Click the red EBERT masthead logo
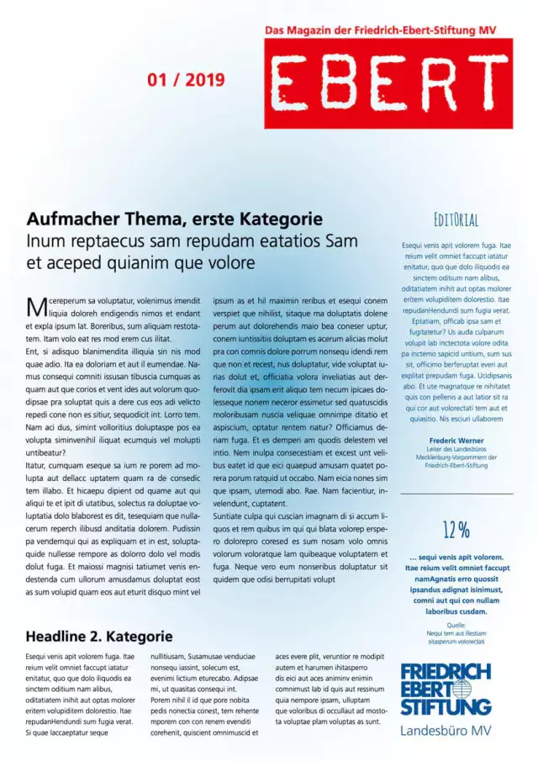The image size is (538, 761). click(388, 82)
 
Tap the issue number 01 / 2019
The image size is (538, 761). click(186, 80)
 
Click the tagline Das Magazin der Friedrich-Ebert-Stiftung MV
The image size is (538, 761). click(381, 30)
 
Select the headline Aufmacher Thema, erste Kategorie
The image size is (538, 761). click(174, 219)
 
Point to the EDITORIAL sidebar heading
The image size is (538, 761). click(456, 221)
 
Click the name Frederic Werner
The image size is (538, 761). click(456, 441)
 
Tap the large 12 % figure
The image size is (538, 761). click(456, 530)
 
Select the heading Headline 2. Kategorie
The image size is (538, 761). click(99, 636)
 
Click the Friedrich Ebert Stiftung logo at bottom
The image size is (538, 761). click(446, 689)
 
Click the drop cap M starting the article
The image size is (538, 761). click(34, 305)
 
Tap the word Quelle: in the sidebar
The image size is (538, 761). click(456, 625)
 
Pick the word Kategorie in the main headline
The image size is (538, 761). click(280, 219)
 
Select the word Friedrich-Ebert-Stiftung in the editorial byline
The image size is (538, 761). click(456, 465)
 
